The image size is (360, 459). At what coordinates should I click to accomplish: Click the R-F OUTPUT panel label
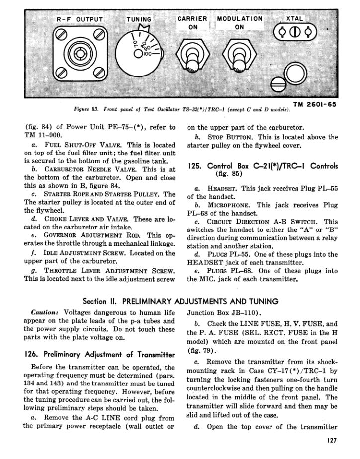80,20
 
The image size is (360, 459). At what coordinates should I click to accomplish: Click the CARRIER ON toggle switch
191,53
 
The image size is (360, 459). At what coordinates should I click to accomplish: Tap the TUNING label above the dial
139,20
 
